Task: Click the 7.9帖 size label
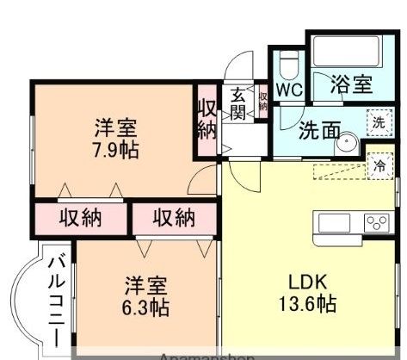point(114,149)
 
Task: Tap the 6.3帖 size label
point(144,306)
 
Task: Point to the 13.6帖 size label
point(306,303)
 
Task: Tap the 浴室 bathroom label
point(351,84)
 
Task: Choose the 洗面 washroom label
point(318,133)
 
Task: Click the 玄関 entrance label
point(237,104)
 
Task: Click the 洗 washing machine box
point(378,122)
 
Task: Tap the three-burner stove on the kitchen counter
point(376,223)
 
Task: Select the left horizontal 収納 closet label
point(80,217)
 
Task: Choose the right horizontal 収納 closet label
point(173,217)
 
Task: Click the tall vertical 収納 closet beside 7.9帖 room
point(206,120)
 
